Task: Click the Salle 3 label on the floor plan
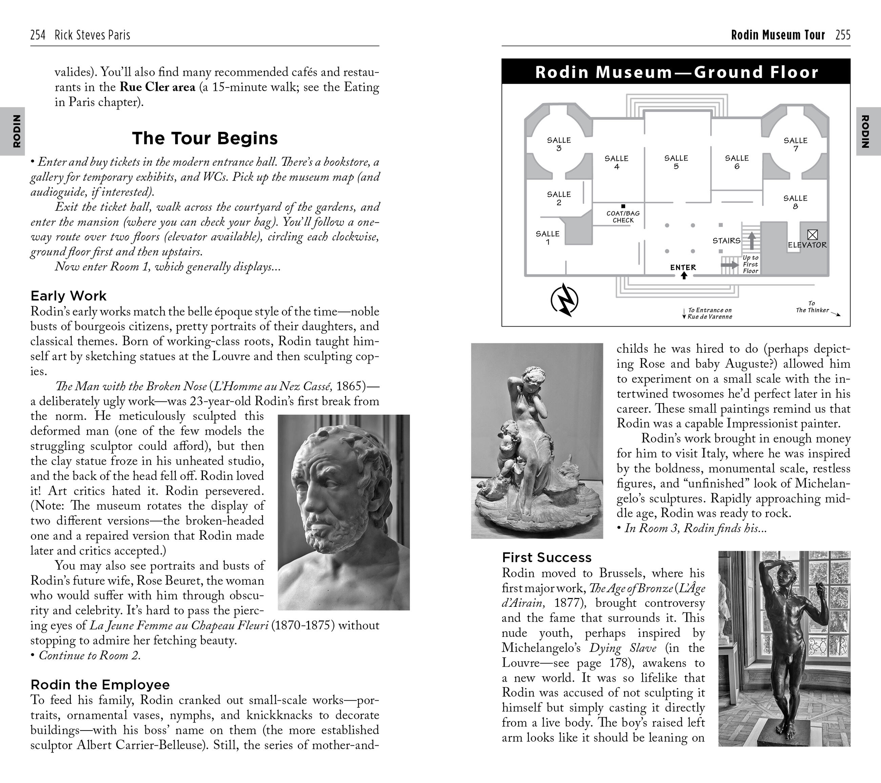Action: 559,144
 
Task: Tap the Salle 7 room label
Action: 795,144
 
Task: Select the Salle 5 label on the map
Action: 676,162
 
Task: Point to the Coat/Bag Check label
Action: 623,217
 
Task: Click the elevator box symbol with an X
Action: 813,235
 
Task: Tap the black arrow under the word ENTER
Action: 683,275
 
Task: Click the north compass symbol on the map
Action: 565,300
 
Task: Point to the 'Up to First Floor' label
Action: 751,264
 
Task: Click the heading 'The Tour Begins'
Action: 205,138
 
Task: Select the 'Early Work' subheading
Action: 68,296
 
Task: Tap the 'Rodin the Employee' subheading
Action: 100,685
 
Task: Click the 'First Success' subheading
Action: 547,558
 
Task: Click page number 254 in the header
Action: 38,35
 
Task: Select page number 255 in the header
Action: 843,35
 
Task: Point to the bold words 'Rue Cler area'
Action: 157,87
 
